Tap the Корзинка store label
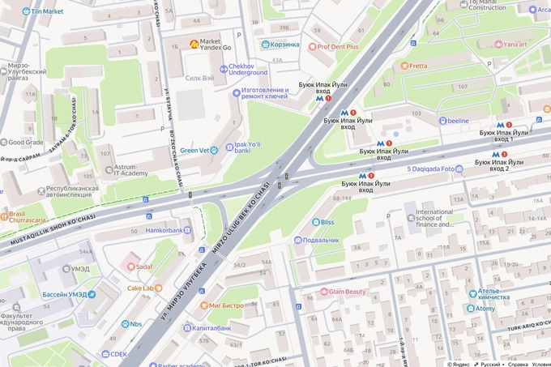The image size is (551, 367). click(284, 45)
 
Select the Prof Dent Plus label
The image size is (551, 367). click(338, 47)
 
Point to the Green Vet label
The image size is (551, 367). click(194, 150)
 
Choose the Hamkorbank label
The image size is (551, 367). click(164, 230)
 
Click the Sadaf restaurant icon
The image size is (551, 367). click(130, 266)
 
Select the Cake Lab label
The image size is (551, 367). click(139, 288)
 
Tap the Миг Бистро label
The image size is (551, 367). click(226, 305)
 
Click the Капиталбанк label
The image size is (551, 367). click(211, 328)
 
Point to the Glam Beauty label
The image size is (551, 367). click(348, 292)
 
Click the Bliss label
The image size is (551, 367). click(327, 221)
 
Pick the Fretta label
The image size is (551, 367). click(418, 66)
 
